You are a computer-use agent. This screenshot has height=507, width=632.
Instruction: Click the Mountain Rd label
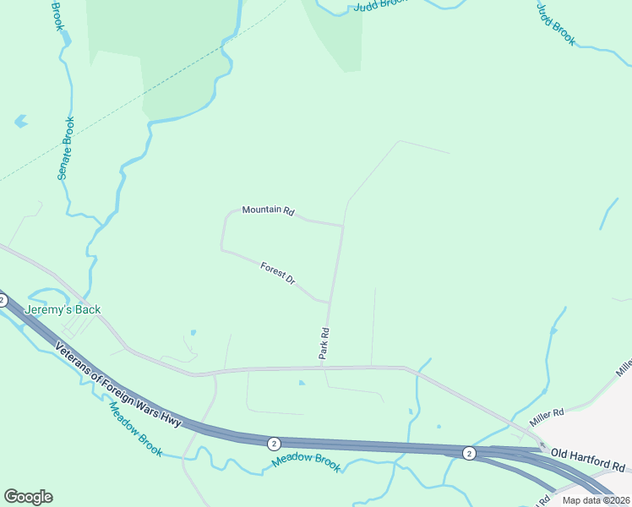(267, 210)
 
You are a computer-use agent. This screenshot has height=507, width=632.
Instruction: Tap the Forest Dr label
(277, 273)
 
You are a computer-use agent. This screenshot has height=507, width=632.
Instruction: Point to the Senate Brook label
(65, 148)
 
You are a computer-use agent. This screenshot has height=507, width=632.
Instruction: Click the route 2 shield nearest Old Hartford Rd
(469, 454)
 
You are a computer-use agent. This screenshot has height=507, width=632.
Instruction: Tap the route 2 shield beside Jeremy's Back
(3, 300)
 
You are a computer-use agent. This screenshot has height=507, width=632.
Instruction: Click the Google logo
(28, 497)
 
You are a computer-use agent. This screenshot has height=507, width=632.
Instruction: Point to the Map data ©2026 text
(596, 500)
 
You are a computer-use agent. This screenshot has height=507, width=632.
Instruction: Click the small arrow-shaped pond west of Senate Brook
(21, 121)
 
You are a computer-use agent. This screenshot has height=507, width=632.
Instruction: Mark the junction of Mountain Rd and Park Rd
(343, 226)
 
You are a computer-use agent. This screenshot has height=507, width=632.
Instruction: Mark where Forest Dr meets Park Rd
(330, 301)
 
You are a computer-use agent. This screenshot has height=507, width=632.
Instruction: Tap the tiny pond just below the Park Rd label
(302, 383)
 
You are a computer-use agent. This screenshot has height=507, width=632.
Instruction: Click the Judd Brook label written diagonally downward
(556, 22)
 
